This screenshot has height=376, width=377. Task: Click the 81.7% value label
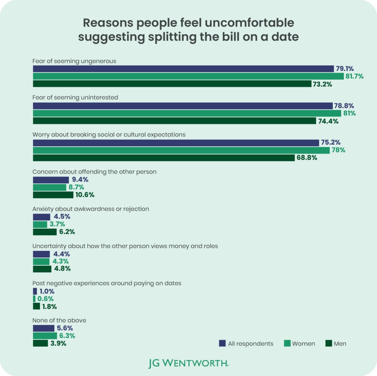coord(354,77)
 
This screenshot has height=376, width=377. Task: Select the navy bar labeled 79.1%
coord(183,69)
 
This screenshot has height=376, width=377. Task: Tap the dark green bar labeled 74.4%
coord(174,121)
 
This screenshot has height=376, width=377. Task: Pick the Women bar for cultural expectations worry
coord(181,150)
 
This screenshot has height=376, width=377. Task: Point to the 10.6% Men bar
coord(53,195)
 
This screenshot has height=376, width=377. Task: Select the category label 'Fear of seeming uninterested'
coord(75,97)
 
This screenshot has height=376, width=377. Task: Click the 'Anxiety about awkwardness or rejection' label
coord(91,209)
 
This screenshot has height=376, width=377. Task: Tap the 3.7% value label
coord(57,224)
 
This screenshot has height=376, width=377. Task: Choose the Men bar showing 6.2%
coord(45,232)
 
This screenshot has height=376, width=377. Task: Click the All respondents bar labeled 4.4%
coord(41,254)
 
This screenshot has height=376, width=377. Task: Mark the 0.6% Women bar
coord(34,299)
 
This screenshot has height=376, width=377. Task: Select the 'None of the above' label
coord(59,320)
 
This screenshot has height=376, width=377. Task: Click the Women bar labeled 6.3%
coord(45,336)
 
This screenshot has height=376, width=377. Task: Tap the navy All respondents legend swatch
coord(222,343)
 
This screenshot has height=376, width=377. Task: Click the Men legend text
coord(340,344)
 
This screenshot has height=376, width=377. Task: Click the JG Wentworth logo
coord(188,363)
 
